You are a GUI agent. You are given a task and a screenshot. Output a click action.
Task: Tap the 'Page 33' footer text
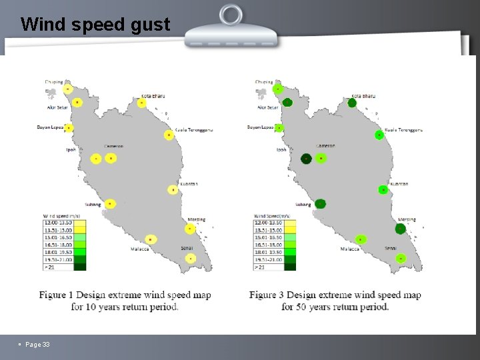pos(37,344)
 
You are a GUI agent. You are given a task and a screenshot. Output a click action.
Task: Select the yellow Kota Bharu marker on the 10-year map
pos(142,103)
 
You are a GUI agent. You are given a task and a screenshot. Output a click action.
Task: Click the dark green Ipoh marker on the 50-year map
pos(306,159)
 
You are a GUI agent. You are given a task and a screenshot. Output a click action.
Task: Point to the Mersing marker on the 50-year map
pos(400,229)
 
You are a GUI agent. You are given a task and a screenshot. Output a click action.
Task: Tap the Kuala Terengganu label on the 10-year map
pos(194,130)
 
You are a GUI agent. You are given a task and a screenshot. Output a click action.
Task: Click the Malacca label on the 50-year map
pos(350,249)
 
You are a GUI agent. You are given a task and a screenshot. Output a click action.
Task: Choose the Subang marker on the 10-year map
pos(111,204)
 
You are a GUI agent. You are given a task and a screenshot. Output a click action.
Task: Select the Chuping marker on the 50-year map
pos(278,89)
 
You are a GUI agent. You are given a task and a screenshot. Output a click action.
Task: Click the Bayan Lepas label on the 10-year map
pos(50,127)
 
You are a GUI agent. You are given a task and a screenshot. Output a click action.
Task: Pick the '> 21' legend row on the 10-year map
pos(59,267)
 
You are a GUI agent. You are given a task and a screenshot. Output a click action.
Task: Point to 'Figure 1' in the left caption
pos(62,295)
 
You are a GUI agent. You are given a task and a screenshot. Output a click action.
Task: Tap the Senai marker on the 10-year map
pos(191,258)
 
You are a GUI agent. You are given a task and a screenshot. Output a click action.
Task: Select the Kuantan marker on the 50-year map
pos(383,190)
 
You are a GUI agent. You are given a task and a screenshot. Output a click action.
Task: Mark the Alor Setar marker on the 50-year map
pos(287,102)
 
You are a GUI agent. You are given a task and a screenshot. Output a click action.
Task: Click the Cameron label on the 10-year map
pos(113,147)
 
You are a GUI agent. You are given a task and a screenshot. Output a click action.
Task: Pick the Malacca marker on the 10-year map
pos(151,239)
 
